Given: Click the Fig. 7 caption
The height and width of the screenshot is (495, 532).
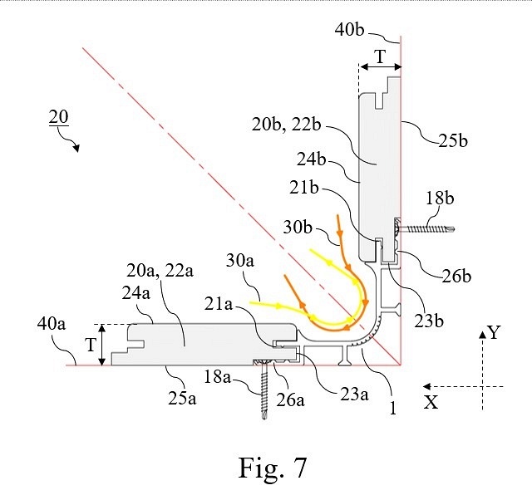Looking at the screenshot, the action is [272, 468].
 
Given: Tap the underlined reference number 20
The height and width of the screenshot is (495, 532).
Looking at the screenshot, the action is [59, 117].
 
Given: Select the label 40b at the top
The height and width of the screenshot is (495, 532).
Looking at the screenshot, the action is [349, 30].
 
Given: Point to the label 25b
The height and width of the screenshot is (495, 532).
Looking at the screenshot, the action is [453, 140].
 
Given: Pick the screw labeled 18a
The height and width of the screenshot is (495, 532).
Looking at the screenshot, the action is [264, 389].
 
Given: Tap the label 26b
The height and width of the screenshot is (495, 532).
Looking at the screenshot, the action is [456, 277].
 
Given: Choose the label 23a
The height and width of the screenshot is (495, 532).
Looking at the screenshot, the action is [354, 395].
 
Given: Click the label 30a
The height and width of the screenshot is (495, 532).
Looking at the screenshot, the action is [240, 261].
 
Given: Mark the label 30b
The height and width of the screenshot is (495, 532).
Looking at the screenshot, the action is [298, 227].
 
